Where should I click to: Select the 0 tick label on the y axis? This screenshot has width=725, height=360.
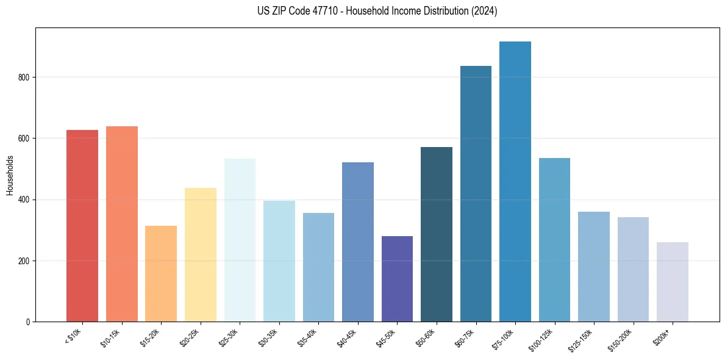pos(29,322)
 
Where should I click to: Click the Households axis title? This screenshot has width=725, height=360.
pos(10,175)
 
